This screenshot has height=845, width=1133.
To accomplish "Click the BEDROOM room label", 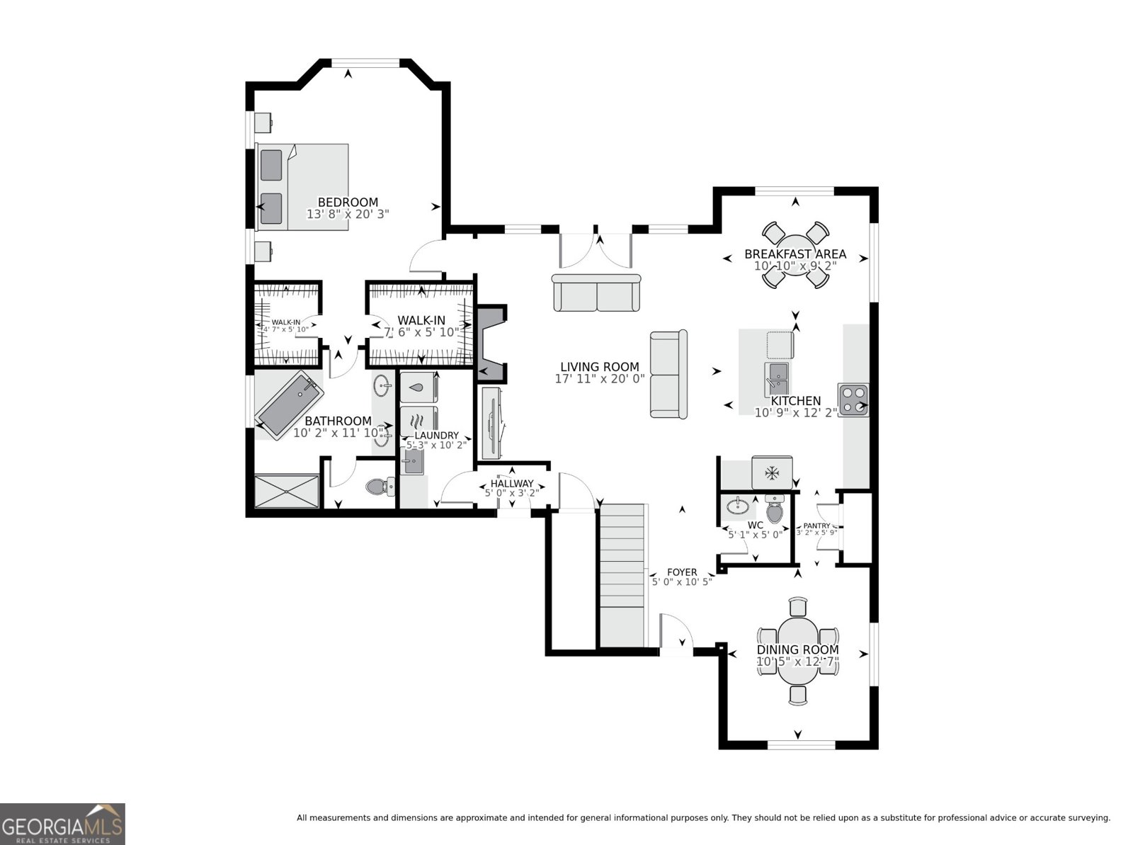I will [x=347, y=203].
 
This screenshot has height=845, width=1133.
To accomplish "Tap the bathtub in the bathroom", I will [x=289, y=404].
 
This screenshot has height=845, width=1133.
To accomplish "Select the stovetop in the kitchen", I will [x=853, y=399].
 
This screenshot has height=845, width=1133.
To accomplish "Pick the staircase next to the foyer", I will [x=623, y=574].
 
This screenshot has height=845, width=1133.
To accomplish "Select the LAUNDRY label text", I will [x=436, y=436].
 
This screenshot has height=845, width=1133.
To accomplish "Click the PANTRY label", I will [x=816, y=526].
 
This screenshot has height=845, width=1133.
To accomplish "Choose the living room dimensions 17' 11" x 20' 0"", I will [x=600, y=379].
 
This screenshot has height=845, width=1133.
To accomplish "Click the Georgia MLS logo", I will [x=62, y=824].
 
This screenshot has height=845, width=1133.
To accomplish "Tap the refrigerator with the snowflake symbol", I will [x=772, y=472].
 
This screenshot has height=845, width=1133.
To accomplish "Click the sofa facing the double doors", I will [x=596, y=293].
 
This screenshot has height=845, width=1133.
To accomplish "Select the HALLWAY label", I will [x=511, y=484].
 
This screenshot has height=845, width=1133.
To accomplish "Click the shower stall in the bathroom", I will [x=286, y=491].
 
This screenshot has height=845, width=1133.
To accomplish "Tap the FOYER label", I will [x=682, y=572].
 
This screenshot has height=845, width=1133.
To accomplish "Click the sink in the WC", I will [x=738, y=505].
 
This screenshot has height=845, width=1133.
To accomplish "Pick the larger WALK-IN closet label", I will [x=421, y=320].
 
